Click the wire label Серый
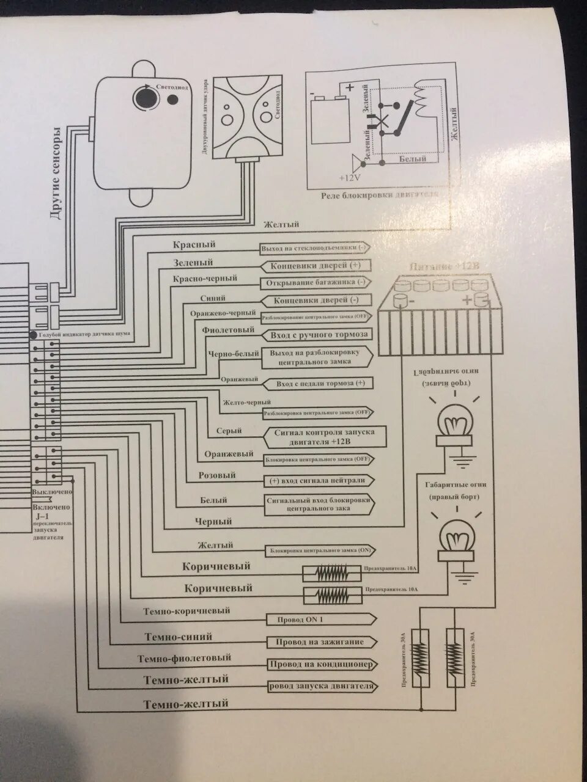tap(229, 431)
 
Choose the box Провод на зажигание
tap(316, 642)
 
